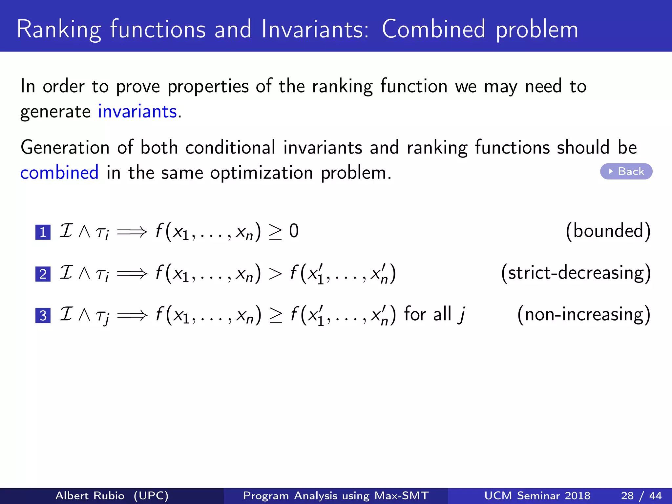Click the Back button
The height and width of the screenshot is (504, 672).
[626, 171]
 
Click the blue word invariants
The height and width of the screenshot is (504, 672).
[137, 112]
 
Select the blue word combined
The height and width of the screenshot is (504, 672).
[59, 173]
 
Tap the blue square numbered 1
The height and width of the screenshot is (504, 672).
[43, 232]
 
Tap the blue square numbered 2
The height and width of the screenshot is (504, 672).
[43, 274]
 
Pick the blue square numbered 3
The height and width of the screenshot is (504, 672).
[43, 316]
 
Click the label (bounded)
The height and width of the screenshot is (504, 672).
[608, 231]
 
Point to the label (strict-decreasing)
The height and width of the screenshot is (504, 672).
[576, 273]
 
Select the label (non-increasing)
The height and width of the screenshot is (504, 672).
[584, 314]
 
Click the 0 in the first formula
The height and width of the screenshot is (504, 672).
[294, 231]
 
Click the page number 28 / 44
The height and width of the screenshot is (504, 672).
[641, 495]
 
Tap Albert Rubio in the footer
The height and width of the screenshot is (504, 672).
[90, 495]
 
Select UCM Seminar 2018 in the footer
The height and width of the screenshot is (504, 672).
[537, 495]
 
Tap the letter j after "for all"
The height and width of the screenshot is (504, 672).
[462, 314]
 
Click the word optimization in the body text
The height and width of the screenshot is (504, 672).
[262, 173]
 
